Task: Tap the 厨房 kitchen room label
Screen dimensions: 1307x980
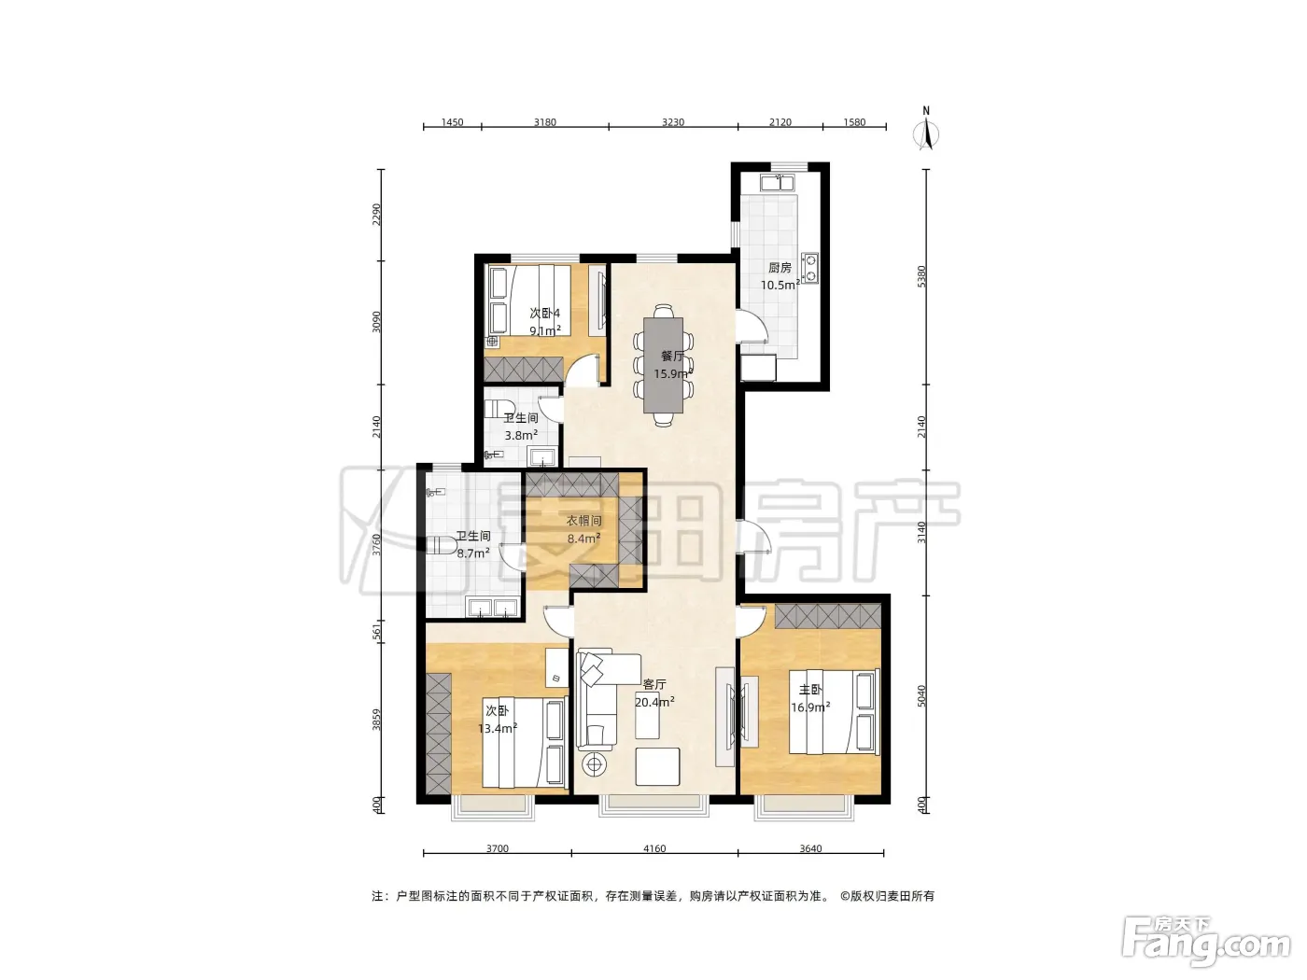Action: [x=780, y=268]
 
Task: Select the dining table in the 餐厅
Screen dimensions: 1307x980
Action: [x=663, y=365]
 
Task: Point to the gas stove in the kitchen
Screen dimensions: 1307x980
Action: [x=809, y=268]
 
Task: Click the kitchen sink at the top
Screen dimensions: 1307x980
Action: [x=777, y=182]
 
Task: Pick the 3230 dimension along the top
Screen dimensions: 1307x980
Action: [x=673, y=122]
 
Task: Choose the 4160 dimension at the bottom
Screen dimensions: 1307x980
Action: [x=654, y=847]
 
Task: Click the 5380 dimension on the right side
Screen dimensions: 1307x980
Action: [x=921, y=276]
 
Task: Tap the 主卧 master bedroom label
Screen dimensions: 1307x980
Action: [x=810, y=690]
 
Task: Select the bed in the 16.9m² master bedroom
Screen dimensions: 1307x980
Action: [x=835, y=712]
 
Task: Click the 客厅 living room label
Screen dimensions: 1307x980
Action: [x=654, y=684]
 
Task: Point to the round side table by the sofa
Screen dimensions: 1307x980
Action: [x=595, y=764]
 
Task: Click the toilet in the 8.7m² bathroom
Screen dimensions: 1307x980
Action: [x=442, y=545]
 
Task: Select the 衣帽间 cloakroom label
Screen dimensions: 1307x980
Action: [x=583, y=521]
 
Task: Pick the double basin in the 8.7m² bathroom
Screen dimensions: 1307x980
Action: [x=492, y=608]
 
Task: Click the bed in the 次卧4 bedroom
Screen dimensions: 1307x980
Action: [x=529, y=300]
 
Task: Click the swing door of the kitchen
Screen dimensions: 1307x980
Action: [x=752, y=326]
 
